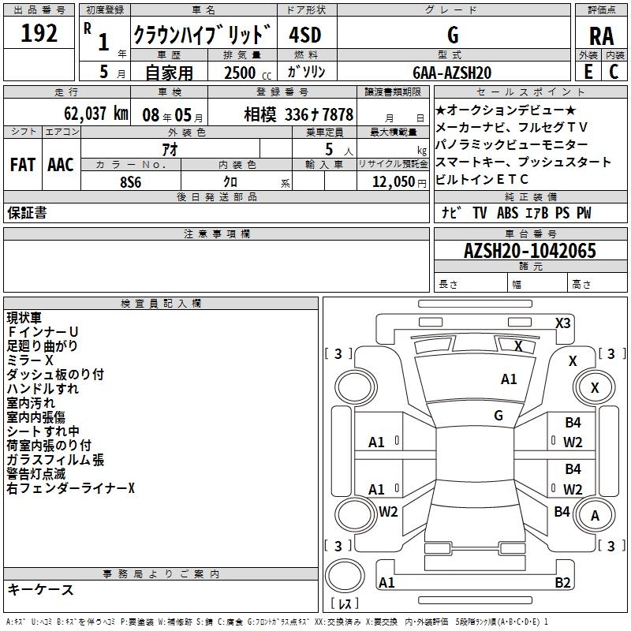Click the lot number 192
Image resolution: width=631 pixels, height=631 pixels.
tap(40, 33)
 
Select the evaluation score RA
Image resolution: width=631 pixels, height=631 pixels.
tap(601, 35)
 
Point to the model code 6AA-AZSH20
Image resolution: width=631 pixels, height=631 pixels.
tap(452, 73)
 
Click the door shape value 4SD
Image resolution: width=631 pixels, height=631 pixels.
tap(306, 35)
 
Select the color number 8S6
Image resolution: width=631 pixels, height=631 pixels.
tap(131, 181)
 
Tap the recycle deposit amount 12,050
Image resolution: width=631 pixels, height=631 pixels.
tap(387, 181)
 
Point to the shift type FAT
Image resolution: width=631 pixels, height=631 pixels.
tap(22, 164)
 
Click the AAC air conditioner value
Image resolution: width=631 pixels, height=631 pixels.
tap(61, 164)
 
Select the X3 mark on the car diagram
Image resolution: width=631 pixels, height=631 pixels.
tap(562, 323)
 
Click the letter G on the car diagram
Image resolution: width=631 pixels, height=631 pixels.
tap(498, 415)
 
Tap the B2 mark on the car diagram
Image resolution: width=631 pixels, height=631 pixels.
tap(562, 582)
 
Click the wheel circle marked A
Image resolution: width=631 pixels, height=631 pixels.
tap(595, 516)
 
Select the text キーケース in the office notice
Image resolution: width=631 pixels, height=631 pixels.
tap(40, 589)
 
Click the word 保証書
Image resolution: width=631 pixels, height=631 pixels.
tap(27, 212)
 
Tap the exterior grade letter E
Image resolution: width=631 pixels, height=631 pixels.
tap(587, 72)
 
